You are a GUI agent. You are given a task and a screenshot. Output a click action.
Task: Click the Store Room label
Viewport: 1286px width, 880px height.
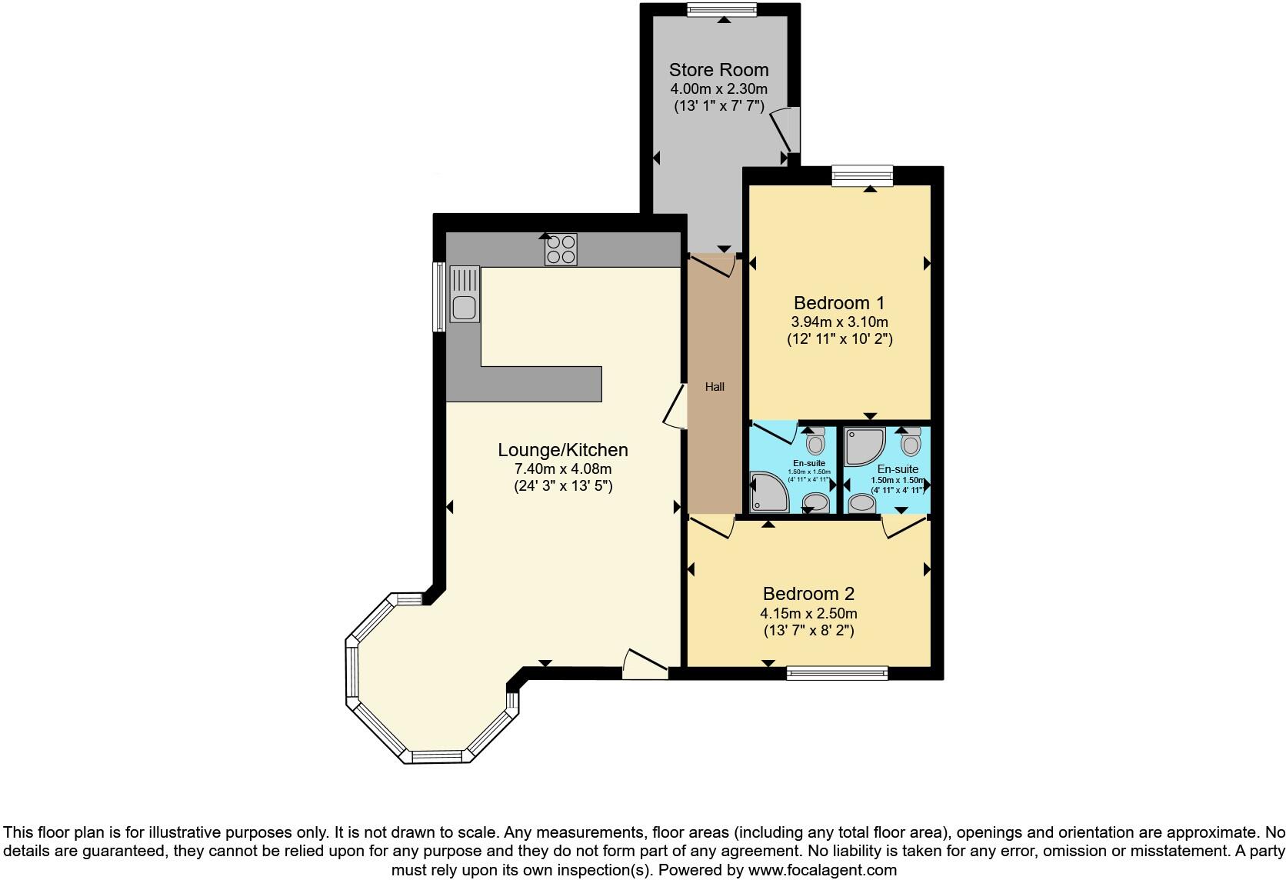[x=718, y=70]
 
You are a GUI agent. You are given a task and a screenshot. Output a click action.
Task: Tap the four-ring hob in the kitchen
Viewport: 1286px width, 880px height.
[x=561, y=249]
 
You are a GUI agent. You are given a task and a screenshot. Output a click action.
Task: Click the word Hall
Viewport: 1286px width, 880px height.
[x=715, y=387]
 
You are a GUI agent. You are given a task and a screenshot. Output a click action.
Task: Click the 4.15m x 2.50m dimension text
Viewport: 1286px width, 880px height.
[x=808, y=613]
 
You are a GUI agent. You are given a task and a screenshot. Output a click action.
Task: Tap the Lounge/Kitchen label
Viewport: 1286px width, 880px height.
[x=563, y=450]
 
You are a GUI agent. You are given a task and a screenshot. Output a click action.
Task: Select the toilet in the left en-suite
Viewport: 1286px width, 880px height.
[x=815, y=442]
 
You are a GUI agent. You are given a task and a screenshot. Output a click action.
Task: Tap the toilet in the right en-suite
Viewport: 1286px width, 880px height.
[x=911, y=442]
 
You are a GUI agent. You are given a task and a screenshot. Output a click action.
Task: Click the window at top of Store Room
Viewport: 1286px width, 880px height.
[x=721, y=9]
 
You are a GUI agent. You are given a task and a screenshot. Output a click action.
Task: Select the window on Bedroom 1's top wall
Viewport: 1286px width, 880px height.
[x=862, y=175]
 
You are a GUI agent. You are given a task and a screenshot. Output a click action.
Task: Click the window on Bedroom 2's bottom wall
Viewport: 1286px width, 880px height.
[x=837, y=673]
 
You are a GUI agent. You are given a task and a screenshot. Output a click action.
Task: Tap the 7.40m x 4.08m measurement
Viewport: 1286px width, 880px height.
[x=563, y=468]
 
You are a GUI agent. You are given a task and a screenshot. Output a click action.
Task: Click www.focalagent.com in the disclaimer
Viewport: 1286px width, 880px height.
[x=822, y=870]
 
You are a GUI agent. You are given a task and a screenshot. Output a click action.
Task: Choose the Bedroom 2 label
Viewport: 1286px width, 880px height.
[x=808, y=594]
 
